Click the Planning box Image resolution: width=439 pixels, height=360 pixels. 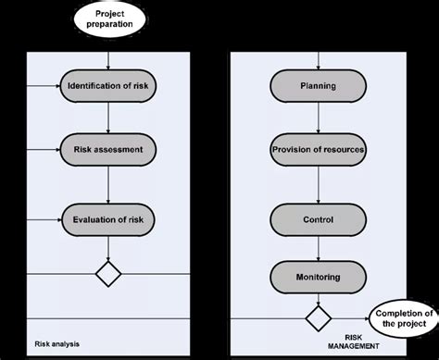pyautogui.click(x=318, y=88)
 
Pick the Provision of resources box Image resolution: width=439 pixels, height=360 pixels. pyautogui.click(x=318, y=148)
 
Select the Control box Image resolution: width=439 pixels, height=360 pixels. pyautogui.click(x=318, y=219)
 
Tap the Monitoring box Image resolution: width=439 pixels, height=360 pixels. pyautogui.click(x=318, y=276)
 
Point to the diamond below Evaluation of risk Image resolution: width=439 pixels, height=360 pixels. pyautogui.click(x=110, y=274)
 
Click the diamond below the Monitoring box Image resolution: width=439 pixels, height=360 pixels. pyautogui.click(x=318, y=319)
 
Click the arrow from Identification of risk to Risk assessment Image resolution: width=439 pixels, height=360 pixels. pyautogui.click(x=110, y=118)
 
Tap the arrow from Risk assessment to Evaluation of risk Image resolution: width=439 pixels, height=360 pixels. pyautogui.click(x=110, y=182)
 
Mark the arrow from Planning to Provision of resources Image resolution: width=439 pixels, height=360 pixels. pyautogui.click(x=318, y=118)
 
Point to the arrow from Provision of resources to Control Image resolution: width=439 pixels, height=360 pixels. pyautogui.click(x=318, y=183)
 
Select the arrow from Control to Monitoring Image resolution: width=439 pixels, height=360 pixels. pyautogui.click(x=318, y=247)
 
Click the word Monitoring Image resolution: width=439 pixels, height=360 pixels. pyautogui.click(x=318, y=276)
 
